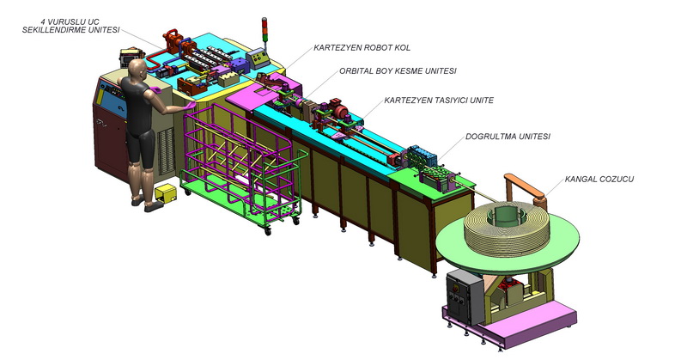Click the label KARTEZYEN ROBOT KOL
pyautogui.click(x=362, y=48)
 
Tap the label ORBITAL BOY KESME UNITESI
pyautogui.click(x=398, y=70)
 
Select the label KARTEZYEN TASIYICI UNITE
pyautogui.click(x=439, y=101)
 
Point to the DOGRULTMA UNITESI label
pyautogui.click(x=508, y=137)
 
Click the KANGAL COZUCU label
pyautogui.click(x=599, y=179)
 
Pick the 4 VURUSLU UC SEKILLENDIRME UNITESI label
pyautogui.click(x=70, y=26)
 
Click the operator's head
pyautogui.click(x=138, y=69)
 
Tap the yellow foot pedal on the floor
pyautogui.click(x=166, y=193)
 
